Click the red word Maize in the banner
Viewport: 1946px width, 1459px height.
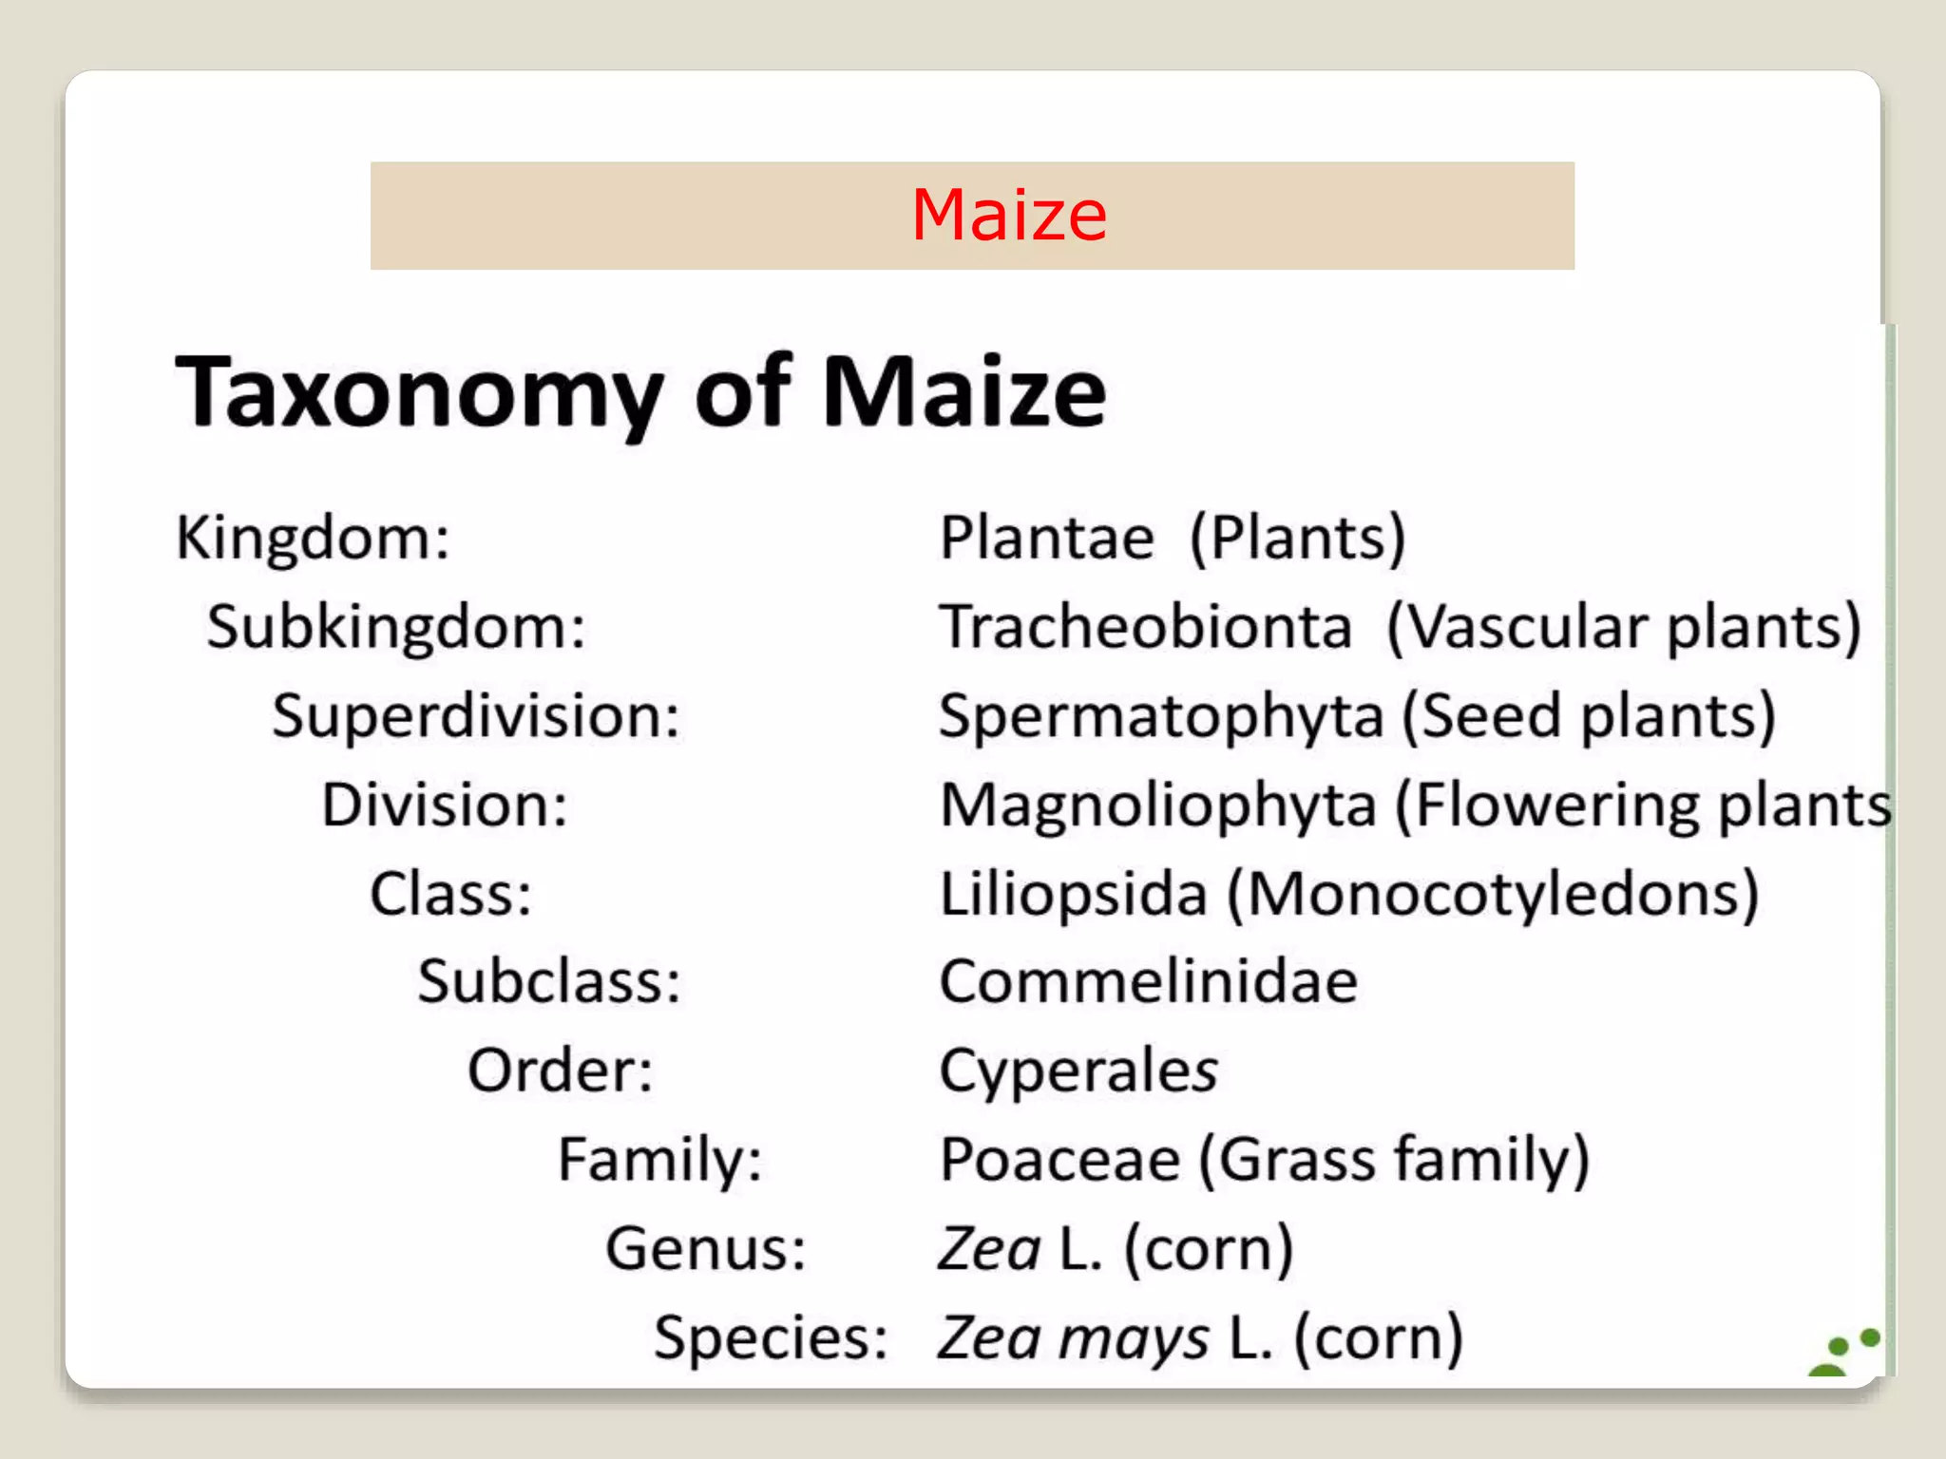tap(1009, 216)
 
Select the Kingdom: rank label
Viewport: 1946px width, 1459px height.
tap(313, 538)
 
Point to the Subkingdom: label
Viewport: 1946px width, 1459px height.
tap(396, 627)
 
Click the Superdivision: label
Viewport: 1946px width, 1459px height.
tap(476, 715)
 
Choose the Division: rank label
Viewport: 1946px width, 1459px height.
tap(445, 805)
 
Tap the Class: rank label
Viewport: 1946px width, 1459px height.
tap(450, 894)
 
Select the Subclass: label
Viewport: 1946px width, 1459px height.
tap(549, 981)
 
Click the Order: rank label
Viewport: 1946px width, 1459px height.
tap(560, 1071)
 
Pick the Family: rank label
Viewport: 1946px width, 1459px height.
tap(659, 1160)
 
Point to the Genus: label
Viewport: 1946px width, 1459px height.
tap(706, 1248)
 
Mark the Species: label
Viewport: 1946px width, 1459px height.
tap(771, 1337)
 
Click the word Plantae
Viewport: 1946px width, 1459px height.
tap(1046, 538)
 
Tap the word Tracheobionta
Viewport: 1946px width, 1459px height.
tap(1146, 627)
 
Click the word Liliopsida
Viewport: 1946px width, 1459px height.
tap(1073, 894)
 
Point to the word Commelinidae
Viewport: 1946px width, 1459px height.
tap(1148, 981)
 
